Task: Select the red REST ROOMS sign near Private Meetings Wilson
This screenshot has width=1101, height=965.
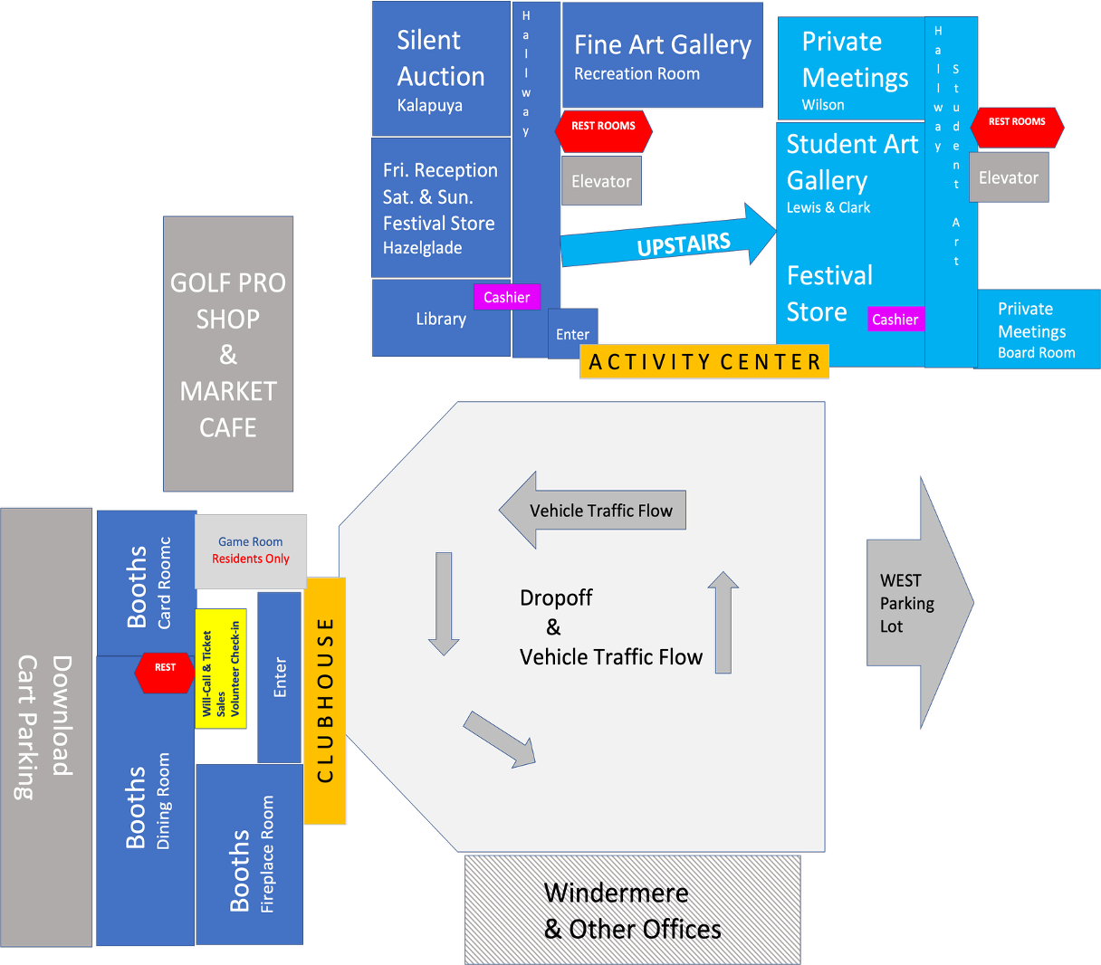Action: (1017, 122)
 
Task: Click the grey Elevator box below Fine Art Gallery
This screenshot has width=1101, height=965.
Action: (601, 181)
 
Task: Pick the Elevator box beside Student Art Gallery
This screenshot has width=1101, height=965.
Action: (1008, 177)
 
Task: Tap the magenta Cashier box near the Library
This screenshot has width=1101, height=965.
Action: (506, 297)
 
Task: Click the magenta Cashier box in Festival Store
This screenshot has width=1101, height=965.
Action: (895, 319)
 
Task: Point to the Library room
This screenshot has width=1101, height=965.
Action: (441, 319)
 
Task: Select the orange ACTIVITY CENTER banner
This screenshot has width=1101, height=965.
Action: (704, 362)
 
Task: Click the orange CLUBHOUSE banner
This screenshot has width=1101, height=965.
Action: (325, 701)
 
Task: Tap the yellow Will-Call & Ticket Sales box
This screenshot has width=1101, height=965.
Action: (221, 668)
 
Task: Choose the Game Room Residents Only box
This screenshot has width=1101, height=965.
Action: (251, 550)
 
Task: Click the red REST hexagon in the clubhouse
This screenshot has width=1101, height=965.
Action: (165, 668)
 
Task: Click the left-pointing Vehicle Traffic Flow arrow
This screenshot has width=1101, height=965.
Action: (594, 511)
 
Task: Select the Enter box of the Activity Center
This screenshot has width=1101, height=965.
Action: (572, 334)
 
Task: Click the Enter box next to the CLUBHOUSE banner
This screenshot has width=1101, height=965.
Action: (280, 677)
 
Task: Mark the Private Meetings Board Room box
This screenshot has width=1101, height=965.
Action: (1038, 330)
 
